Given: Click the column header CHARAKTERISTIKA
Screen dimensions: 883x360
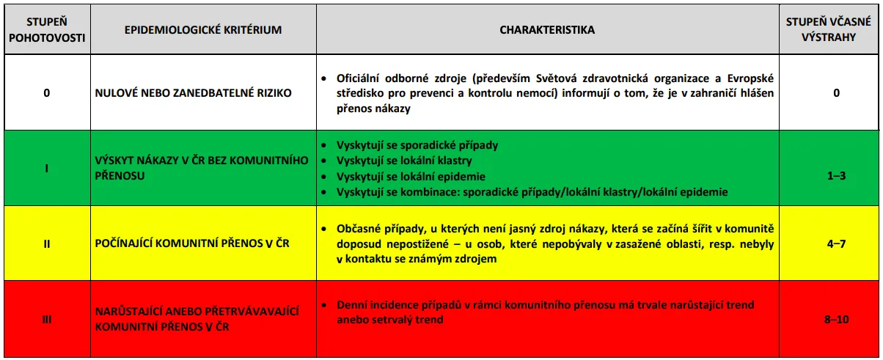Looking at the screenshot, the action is [x=547, y=30].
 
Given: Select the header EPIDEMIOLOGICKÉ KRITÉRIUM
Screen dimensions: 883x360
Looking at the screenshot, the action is [x=203, y=30].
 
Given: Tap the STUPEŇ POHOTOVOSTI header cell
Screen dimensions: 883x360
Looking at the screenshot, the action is [x=47, y=29].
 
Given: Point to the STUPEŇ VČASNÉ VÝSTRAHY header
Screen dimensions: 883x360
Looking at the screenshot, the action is [x=828, y=29].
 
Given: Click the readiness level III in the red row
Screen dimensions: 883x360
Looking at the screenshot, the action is [x=47, y=319].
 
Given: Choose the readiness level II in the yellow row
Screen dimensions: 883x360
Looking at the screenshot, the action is [x=47, y=243].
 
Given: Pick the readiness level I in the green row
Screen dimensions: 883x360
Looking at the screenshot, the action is [x=47, y=169].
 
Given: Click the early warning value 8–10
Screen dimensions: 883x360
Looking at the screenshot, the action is [x=837, y=319].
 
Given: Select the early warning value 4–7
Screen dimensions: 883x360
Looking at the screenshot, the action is [x=837, y=243].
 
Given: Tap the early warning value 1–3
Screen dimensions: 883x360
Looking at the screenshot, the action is [x=837, y=175].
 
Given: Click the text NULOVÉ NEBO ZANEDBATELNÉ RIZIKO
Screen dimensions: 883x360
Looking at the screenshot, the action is [x=193, y=93].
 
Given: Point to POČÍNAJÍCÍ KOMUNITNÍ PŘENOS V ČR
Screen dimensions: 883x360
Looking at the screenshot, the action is [x=192, y=243].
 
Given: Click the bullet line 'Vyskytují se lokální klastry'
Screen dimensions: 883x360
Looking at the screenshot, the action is [x=404, y=161].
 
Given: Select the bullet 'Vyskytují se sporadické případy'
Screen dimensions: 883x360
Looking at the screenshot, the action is [x=417, y=145].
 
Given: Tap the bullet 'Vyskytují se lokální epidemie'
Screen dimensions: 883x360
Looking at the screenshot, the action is [x=411, y=177].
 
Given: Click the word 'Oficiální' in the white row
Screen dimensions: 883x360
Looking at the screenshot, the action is [x=358, y=78].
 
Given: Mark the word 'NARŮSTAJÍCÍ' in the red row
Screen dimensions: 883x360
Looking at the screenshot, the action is [x=128, y=312].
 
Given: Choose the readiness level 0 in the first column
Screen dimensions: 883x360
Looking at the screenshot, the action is [x=47, y=93].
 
